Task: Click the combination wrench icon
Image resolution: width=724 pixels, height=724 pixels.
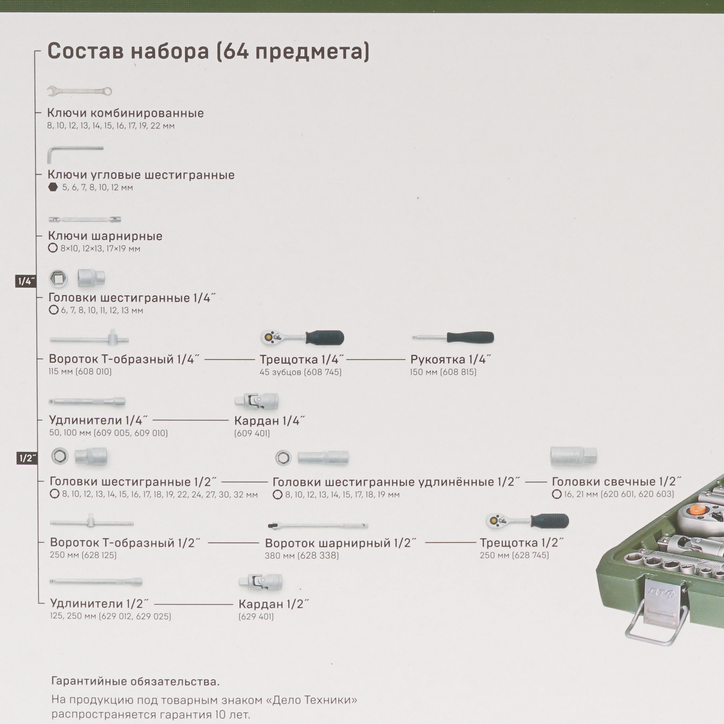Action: pyautogui.click(x=79, y=91)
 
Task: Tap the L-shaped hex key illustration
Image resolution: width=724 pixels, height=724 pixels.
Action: pyautogui.click(x=75, y=154)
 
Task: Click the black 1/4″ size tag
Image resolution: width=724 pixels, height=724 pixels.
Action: pyautogui.click(x=26, y=281)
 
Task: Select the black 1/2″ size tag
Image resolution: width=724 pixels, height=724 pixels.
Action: pyautogui.click(x=26, y=458)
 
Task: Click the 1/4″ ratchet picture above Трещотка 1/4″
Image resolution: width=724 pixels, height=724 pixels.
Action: pyautogui.click(x=302, y=338)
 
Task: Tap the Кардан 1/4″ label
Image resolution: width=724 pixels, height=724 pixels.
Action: pyautogui.click(x=269, y=421)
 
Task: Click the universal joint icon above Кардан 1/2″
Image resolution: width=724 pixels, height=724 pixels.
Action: pyautogui.click(x=260, y=582)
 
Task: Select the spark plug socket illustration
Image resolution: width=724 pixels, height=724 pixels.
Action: pyautogui.click(x=573, y=456)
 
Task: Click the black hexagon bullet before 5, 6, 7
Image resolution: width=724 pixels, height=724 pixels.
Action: pyautogui.click(x=53, y=187)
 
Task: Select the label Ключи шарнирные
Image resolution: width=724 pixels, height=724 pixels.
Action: pyautogui.click(x=105, y=236)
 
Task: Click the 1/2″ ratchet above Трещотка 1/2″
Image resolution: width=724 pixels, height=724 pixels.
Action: pyautogui.click(x=527, y=521)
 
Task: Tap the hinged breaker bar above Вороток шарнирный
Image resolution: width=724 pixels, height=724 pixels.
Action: pyautogui.click(x=318, y=526)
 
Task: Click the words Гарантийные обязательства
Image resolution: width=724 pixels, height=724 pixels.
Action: pyautogui.click(x=135, y=681)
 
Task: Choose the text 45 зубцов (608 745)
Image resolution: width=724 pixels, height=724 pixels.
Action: pyautogui.click(x=300, y=372)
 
